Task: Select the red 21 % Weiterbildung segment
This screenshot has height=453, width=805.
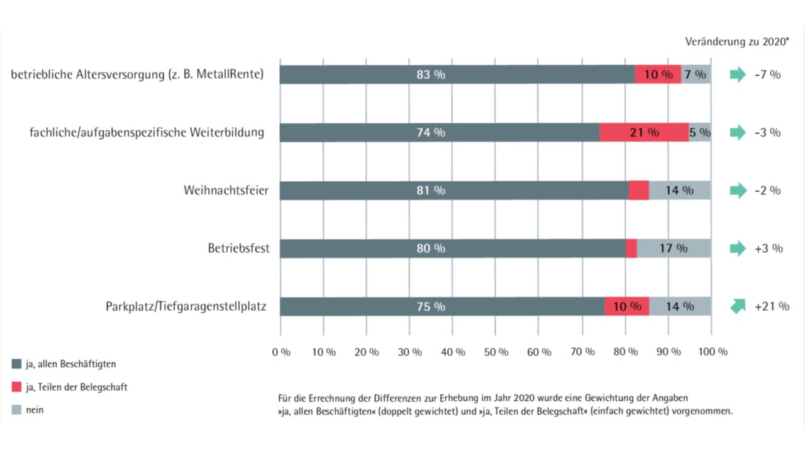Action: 643,133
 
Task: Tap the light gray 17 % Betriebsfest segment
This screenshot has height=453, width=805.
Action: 674,249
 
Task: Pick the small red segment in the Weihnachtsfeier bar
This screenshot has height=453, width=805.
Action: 638,190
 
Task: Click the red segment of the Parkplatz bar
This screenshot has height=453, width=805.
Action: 626,306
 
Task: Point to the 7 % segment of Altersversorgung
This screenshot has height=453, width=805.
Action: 696,74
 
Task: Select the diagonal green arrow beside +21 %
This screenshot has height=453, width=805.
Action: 737,306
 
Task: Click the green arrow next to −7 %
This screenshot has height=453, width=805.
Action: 737,74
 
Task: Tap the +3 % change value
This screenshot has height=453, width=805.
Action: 769,249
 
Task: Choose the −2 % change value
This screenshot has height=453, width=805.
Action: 767,190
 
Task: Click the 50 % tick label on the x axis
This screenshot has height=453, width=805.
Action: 495,352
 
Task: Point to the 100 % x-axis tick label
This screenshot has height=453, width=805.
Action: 713,352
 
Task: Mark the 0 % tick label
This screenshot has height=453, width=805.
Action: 281,352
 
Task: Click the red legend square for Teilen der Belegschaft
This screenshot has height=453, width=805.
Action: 17,387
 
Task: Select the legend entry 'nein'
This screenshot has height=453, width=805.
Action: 35,410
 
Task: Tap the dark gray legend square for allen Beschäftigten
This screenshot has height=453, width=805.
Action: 17,364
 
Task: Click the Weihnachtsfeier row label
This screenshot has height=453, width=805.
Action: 226,190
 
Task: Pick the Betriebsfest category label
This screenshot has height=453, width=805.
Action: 238,249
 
